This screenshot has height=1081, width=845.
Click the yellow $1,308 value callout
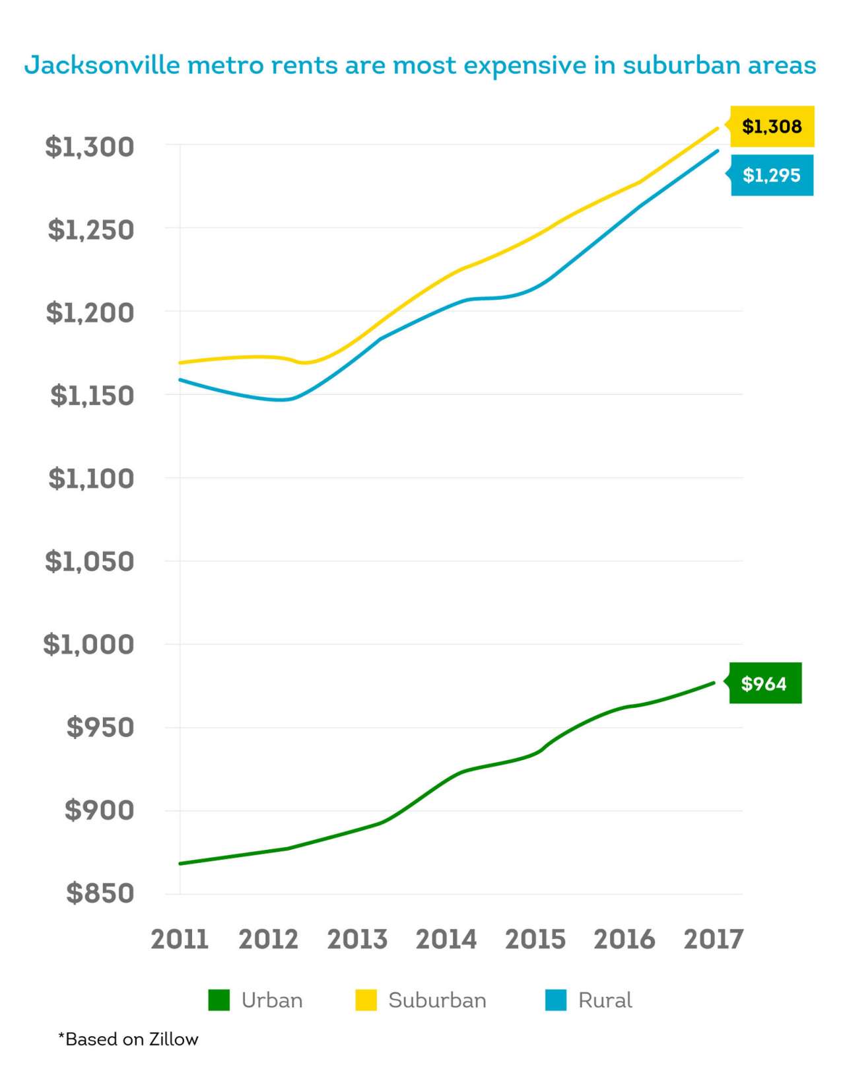[772, 126]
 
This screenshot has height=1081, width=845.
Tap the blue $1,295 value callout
[772, 175]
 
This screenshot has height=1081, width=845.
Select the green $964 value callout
[764, 683]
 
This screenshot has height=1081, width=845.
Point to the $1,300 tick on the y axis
[90, 147]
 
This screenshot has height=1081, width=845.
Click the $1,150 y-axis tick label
[92, 396]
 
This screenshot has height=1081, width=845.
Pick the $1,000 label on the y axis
[88, 644]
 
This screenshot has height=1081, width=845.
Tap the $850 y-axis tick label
[100, 893]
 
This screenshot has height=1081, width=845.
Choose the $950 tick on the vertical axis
[100, 727]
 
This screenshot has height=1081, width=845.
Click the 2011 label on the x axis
[180, 939]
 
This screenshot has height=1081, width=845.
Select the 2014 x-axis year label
[446, 939]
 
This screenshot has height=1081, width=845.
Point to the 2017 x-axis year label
[714, 939]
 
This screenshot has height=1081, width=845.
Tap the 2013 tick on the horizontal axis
[357, 939]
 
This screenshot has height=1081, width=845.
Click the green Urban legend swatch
[219, 1000]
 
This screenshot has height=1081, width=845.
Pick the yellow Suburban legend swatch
[366, 1000]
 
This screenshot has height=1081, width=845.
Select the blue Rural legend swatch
[556, 1000]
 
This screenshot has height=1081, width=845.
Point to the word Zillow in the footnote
[174, 1039]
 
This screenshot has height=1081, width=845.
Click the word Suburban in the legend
[437, 1000]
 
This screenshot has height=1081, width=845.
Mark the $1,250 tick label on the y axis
[91, 230]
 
